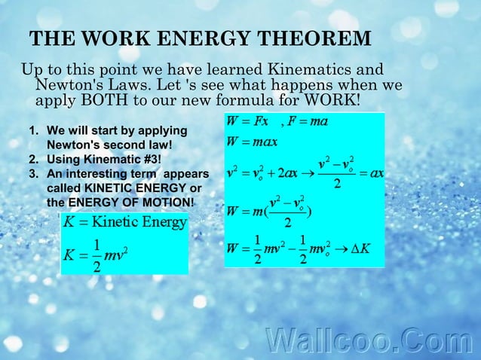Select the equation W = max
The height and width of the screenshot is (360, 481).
(x=253, y=142)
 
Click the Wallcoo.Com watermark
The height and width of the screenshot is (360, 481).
(x=369, y=340)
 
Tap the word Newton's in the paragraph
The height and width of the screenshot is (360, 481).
(x=72, y=85)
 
